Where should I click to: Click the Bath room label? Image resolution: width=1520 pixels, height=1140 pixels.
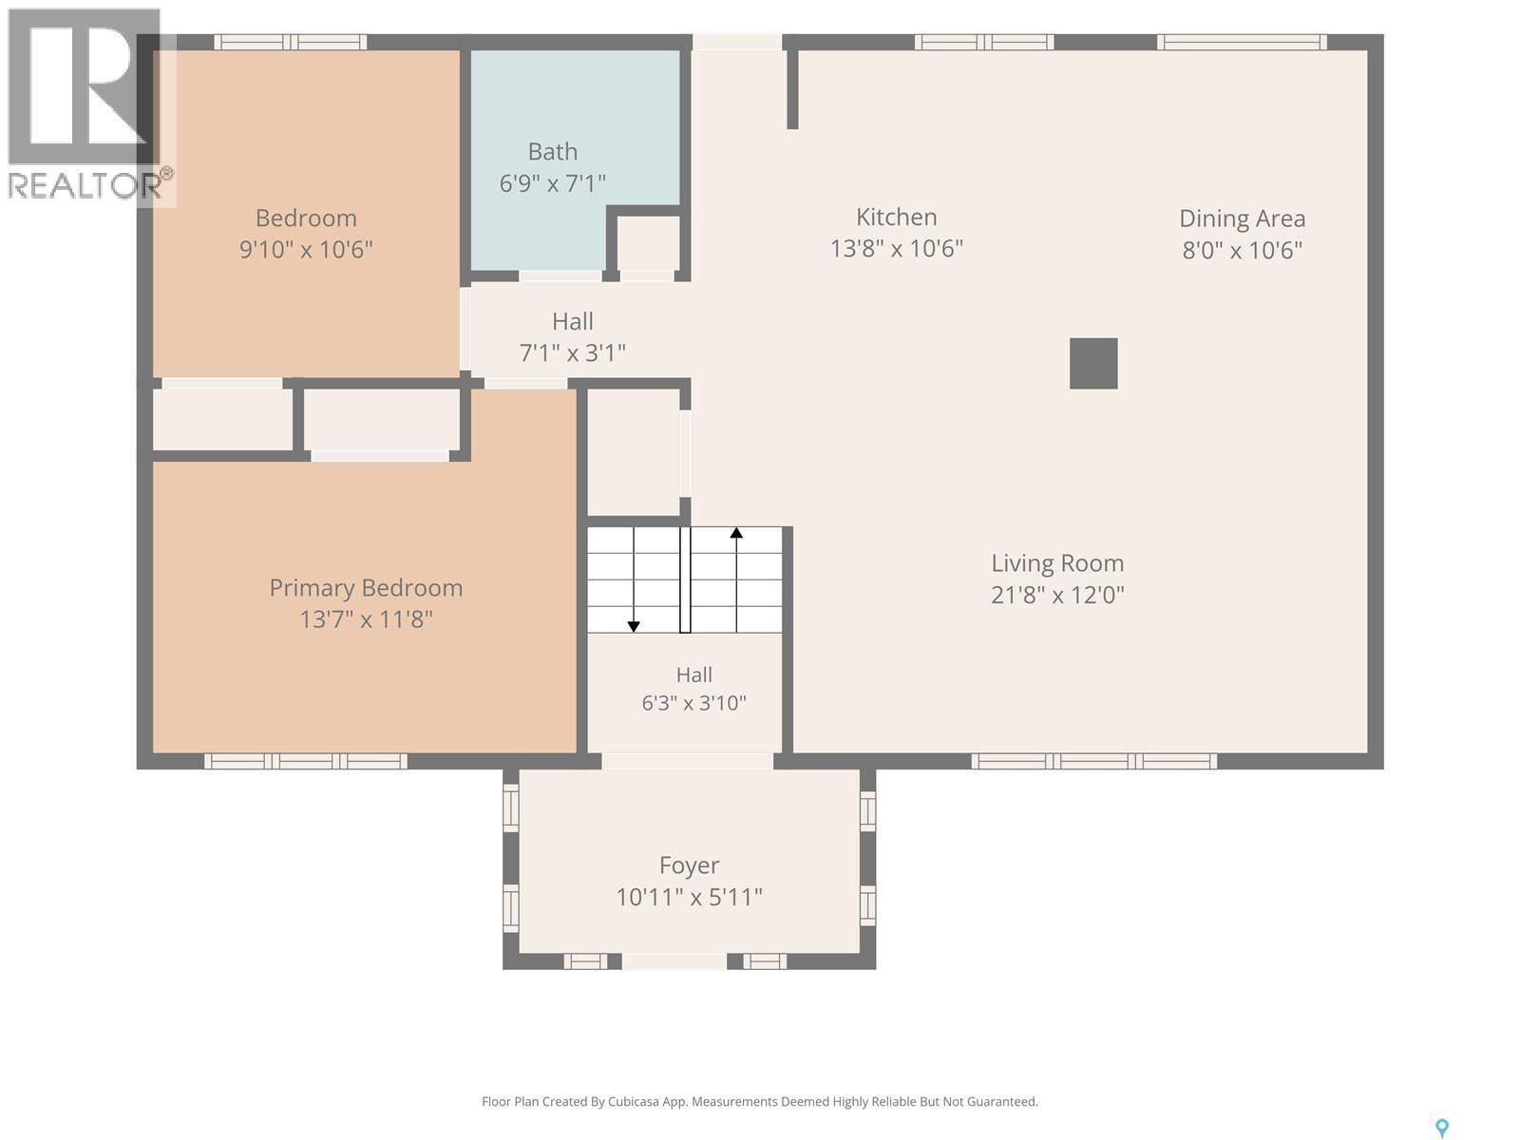(x=553, y=151)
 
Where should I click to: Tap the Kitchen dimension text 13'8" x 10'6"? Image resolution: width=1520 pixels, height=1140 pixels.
(x=897, y=249)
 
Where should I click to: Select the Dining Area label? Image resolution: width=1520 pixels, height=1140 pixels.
(x=1243, y=218)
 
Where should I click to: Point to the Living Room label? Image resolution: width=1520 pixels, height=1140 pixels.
(x=1057, y=563)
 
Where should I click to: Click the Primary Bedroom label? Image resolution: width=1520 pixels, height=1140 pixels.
(x=366, y=588)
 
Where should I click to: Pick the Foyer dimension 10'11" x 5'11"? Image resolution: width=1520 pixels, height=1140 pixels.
(x=689, y=898)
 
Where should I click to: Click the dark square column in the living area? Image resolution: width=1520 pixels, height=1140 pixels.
(x=1093, y=364)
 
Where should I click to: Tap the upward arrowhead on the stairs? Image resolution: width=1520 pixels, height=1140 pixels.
(x=736, y=532)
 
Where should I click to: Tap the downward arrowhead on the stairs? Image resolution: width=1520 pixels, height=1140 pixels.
(x=634, y=626)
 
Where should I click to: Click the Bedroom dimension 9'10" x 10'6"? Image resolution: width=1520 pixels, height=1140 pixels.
(x=306, y=249)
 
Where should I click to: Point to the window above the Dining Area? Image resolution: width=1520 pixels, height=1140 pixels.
(x=1243, y=42)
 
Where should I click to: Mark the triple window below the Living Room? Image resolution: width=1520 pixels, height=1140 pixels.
(x=1094, y=761)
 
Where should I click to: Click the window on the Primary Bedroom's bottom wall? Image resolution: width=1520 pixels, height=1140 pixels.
(x=305, y=761)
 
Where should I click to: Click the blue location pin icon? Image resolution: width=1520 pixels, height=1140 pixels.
(x=1442, y=1129)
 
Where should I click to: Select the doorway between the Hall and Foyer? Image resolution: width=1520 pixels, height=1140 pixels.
(x=687, y=761)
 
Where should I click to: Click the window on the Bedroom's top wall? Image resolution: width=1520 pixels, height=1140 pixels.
(x=290, y=42)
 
